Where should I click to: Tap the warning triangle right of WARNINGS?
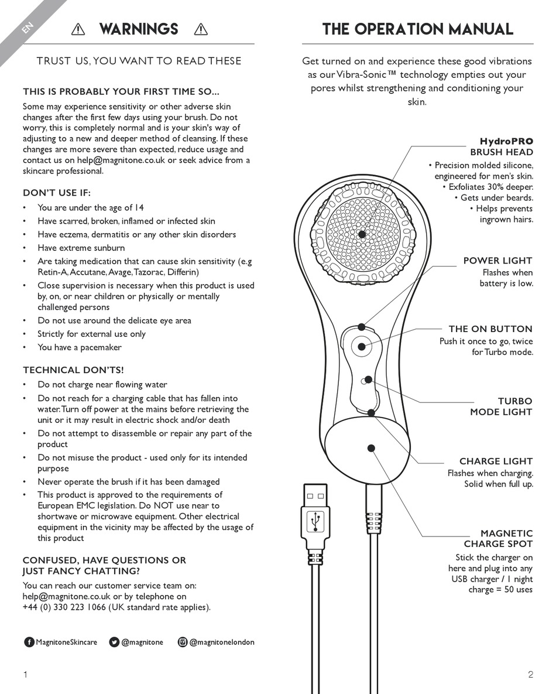[x=200, y=29]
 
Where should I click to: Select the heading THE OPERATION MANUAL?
[x=418, y=29]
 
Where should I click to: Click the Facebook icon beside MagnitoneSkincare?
[x=29, y=642]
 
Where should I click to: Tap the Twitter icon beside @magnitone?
[x=115, y=642]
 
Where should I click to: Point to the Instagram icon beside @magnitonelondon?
[x=183, y=642]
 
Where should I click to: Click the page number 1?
[x=25, y=674]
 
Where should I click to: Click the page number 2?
[x=530, y=674]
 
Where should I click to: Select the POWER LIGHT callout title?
[x=497, y=261]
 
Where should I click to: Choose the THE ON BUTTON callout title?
[x=490, y=329]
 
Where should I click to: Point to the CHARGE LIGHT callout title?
[x=496, y=461]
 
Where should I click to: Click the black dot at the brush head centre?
[x=362, y=234]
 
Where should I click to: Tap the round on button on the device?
[x=362, y=347]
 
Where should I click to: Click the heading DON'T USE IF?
[x=57, y=193]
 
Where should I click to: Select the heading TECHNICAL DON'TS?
[x=73, y=370]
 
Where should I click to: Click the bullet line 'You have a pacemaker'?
[x=80, y=347]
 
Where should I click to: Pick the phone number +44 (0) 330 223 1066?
[x=64, y=607]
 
